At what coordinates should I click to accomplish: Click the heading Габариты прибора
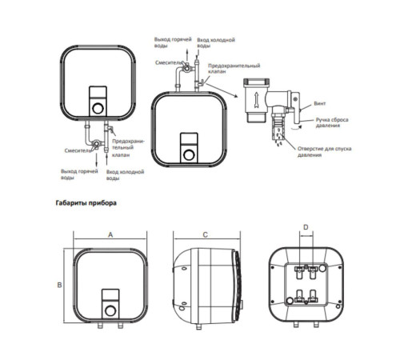86,203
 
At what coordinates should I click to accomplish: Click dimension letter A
110,235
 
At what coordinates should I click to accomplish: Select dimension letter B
59,285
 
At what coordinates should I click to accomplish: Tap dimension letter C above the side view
205,235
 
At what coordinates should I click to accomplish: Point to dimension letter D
306,227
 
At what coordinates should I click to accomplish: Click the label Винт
320,103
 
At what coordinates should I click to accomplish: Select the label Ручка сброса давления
332,122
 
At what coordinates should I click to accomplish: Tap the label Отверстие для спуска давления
324,151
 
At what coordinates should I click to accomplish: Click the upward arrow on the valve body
257,100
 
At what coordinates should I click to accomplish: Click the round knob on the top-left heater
98,108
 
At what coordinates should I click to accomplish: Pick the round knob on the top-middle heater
189,155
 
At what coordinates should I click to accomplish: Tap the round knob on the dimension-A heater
110,310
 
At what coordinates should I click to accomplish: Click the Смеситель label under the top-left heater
78,150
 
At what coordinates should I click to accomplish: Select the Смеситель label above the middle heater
169,62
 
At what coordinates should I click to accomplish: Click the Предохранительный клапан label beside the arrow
234,69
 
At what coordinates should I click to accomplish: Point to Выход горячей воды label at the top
173,42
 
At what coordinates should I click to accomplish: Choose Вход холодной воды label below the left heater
125,174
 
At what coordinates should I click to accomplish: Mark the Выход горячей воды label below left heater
79,174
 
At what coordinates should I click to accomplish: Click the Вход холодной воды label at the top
216,42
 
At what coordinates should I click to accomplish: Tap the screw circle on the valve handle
295,99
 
